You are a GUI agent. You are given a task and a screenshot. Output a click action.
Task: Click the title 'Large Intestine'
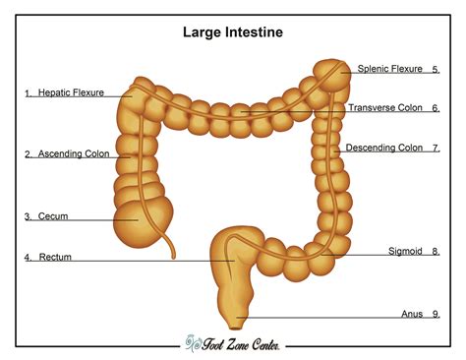tap(233, 32)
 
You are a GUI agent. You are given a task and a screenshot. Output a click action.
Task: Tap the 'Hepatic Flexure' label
tap(71, 92)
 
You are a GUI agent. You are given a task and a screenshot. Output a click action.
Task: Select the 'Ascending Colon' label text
tap(73, 153)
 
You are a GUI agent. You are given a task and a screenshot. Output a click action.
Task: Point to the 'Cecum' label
tap(52, 215)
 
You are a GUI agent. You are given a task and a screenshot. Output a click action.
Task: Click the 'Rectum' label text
tap(55, 258)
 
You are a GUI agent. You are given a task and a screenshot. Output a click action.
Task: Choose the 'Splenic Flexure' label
tap(389, 69)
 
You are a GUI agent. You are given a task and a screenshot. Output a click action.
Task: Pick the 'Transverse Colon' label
tap(385, 108)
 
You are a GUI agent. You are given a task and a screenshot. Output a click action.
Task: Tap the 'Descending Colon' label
tap(383, 148)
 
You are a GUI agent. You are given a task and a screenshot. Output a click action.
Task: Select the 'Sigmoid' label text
tap(405, 252)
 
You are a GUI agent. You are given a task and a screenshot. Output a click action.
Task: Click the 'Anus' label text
tap(412, 314)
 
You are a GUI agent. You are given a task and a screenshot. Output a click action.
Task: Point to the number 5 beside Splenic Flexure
tap(436, 69)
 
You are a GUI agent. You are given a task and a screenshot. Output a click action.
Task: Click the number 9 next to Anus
tap(436, 314)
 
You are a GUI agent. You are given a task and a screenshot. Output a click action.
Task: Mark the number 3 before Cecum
tap(29, 215)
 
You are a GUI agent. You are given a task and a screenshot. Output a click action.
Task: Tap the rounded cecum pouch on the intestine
tap(140, 221)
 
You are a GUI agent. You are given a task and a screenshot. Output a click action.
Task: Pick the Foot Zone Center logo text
tap(236, 343)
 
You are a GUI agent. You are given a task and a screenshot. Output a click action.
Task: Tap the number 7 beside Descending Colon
tap(436, 148)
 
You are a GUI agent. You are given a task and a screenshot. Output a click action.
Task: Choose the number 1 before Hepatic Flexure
tap(29, 92)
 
